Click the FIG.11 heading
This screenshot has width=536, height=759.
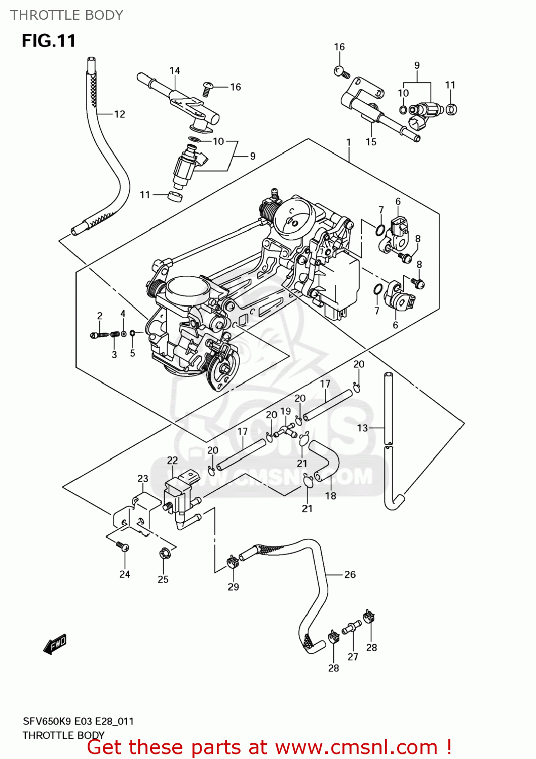[x=49, y=40]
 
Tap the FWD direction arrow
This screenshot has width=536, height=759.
[x=55, y=645]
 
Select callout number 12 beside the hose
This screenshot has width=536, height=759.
[x=120, y=114]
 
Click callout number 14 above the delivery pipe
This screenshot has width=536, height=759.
[x=175, y=71]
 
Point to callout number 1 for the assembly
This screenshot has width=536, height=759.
[x=349, y=143]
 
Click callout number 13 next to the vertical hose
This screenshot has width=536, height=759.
[x=362, y=428]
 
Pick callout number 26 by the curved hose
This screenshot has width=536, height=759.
[x=350, y=574]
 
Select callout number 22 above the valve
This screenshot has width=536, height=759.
[x=172, y=460]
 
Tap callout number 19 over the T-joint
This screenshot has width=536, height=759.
[x=286, y=411]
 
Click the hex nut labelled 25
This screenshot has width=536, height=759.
[x=164, y=554]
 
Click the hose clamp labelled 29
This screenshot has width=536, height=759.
[x=233, y=561]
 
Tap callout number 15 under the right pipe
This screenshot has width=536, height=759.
[x=371, y=142]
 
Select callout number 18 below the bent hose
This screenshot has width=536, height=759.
[x=330, y=496]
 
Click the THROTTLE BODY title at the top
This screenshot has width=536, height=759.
[x=66, y=15]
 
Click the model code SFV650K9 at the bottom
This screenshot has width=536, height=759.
[x=47, y=721]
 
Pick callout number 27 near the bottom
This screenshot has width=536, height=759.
[x=353, y=657]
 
